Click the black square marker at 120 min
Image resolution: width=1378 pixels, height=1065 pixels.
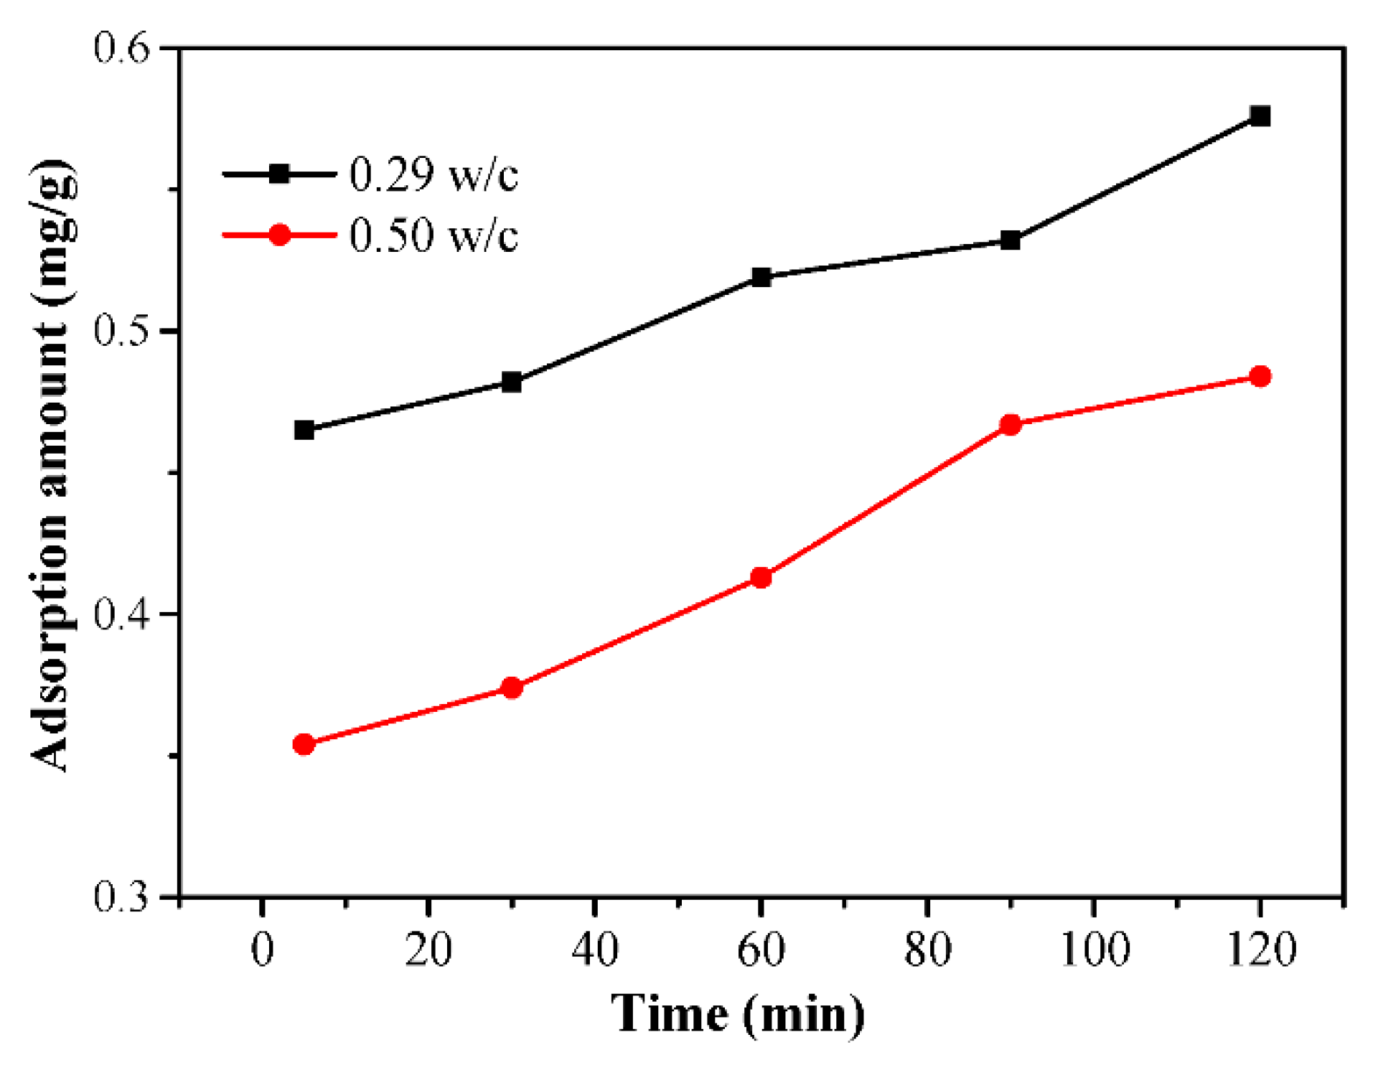coord(1260,116)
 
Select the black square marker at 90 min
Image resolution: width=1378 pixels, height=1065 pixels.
coord(1010,240)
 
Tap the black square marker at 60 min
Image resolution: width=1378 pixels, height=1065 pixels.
coord(761,277)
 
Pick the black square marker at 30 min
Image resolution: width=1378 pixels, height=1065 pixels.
coord(511,382)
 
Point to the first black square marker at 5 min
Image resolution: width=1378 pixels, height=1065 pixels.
coord(304,430)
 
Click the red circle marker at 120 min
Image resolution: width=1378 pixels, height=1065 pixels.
coord(1260,376)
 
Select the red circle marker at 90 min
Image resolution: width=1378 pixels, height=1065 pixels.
coord(1010,425)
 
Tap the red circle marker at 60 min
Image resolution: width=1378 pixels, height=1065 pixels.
coord(761,578)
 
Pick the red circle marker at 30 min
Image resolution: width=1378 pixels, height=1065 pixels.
coord(511,688)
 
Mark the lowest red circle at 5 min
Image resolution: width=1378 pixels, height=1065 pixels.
coord(304,744)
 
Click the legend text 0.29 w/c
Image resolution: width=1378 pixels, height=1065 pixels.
coord(433,174)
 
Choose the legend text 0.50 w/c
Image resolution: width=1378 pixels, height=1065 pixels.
coord(433,235)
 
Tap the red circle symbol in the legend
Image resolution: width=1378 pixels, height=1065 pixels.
coord(279,235)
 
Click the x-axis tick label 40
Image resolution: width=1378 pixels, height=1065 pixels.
coord(594,949)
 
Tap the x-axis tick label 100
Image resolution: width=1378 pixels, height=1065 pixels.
coord(1094,949)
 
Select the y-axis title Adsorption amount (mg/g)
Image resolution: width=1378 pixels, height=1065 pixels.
coord(52,466)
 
